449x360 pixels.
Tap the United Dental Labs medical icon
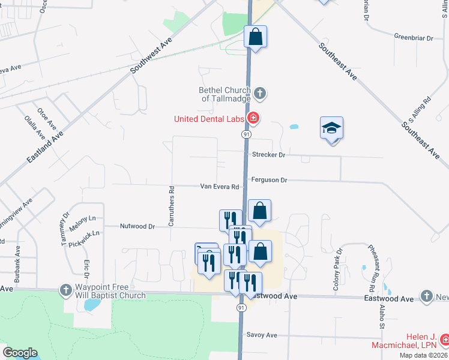click(x=254, y=118)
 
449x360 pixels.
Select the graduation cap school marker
click(x=331, y=128)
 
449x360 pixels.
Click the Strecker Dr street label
click(x=268, y=155)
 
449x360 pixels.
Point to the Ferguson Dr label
click(x=270, y=179)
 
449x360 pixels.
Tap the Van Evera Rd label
click(x=220, y=187)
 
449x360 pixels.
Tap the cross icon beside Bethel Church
click(x=259, y=93)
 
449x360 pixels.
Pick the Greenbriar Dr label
click(x=414, y=38)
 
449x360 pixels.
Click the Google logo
click(x=20, y=353)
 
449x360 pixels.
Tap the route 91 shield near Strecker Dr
click(x=246, y=134)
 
